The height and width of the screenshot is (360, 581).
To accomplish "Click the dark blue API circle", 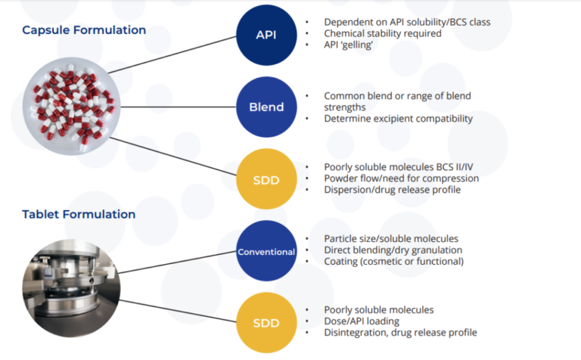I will (x=266, y=36).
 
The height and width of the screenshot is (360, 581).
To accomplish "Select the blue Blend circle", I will (x=266, y=107).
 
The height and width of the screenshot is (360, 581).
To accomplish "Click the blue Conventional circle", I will (x=266, y=251).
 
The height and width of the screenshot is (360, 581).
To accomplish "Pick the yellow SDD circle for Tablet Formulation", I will (x=266, y=322).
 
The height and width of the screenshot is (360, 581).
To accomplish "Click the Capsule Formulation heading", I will (x=84, y=30).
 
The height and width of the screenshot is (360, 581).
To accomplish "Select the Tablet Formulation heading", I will (x=79, y=214).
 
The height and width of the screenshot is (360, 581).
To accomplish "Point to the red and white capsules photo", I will (x=73, y=102).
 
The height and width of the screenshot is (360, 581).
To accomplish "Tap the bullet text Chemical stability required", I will (x=382, y=33).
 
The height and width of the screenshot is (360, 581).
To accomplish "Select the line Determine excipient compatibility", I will (x=398, y=118).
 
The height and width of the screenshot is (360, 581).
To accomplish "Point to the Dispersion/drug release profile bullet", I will (x=392, y=190).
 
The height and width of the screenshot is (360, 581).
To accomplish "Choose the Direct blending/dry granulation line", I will (x=393, y=250).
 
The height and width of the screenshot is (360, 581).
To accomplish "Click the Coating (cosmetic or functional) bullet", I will (x=393, y=262).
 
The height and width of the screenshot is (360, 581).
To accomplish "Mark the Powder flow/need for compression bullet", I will (x=401, y=178).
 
